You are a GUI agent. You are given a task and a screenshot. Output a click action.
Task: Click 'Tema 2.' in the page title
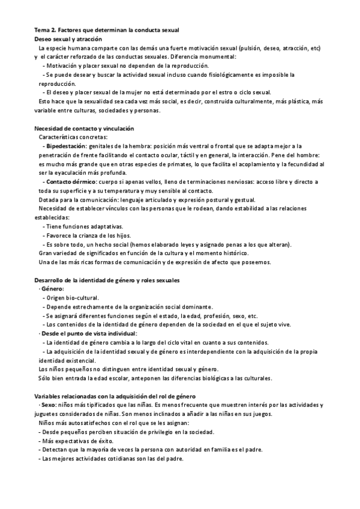click(x=45, y=30)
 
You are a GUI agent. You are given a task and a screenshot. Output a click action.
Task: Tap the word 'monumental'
click(x=217, y=56)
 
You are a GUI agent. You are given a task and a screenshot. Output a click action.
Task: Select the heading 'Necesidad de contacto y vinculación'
click(x=84, y=129)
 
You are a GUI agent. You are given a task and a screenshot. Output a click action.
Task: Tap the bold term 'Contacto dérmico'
click(x=71, y=181)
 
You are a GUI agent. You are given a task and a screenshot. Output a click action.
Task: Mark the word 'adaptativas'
click(x=106, y=226)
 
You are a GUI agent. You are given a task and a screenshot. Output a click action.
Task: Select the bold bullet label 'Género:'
click(x=53, y=289)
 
